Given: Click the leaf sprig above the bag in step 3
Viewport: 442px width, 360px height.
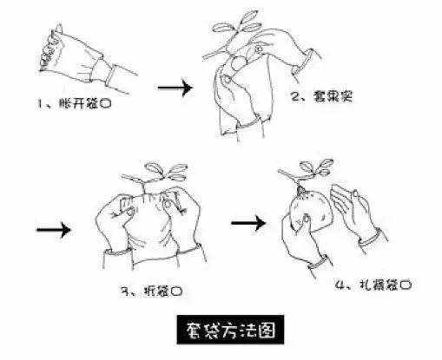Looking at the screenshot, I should (x=159, y=169).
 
